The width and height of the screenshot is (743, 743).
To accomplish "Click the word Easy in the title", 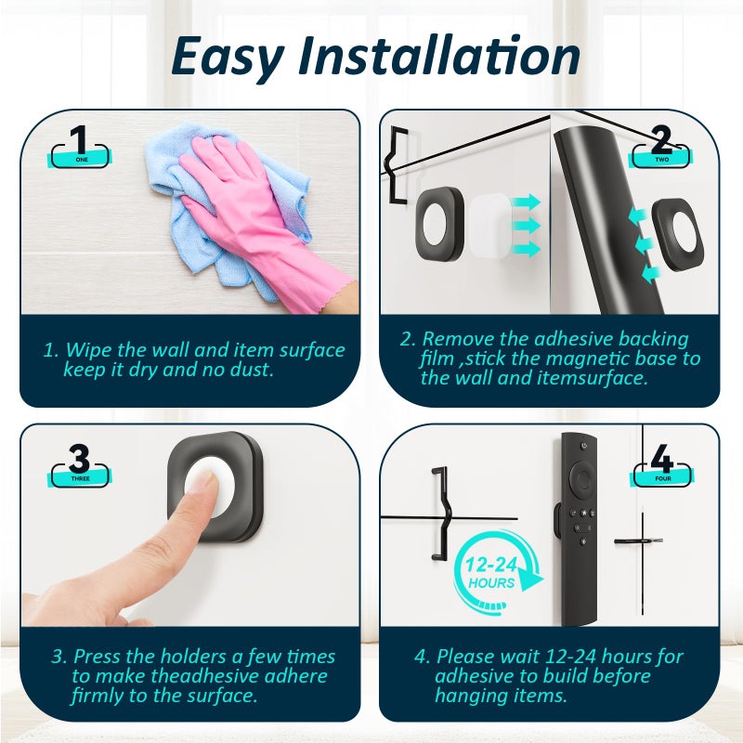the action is coord(228,58).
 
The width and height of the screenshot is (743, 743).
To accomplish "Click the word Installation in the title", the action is coord(439,55).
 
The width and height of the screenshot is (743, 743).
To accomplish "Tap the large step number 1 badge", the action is coord(80,147).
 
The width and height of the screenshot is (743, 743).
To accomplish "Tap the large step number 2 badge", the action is coord(660,147).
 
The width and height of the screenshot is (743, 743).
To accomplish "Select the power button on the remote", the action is coord(583,446).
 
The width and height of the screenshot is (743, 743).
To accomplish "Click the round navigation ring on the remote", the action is coord(582,479).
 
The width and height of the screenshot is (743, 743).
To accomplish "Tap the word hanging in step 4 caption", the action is coord(467,697).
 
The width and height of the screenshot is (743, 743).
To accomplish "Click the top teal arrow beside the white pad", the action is coord(527,202).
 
